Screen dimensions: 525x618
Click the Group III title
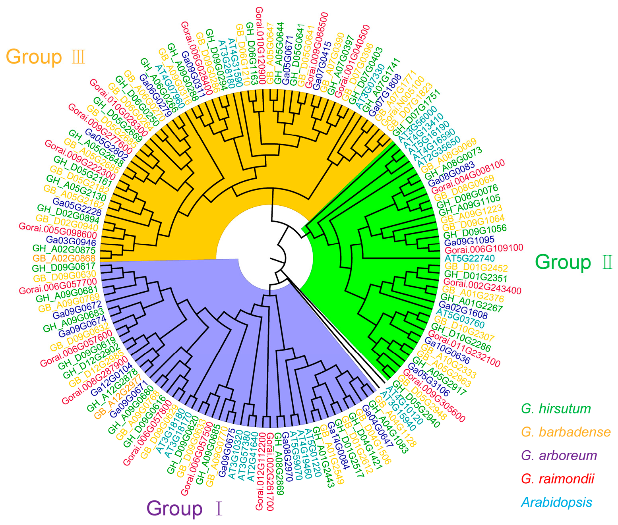[46, 57]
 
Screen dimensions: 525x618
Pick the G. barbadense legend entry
[566, 432]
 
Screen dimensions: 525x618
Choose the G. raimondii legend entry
[558, 479]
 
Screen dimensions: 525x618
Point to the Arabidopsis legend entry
[556, 502]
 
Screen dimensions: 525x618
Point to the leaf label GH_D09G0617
[64, 267]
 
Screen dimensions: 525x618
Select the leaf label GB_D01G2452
[470, 267]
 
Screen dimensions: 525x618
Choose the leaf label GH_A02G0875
[64, 250]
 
